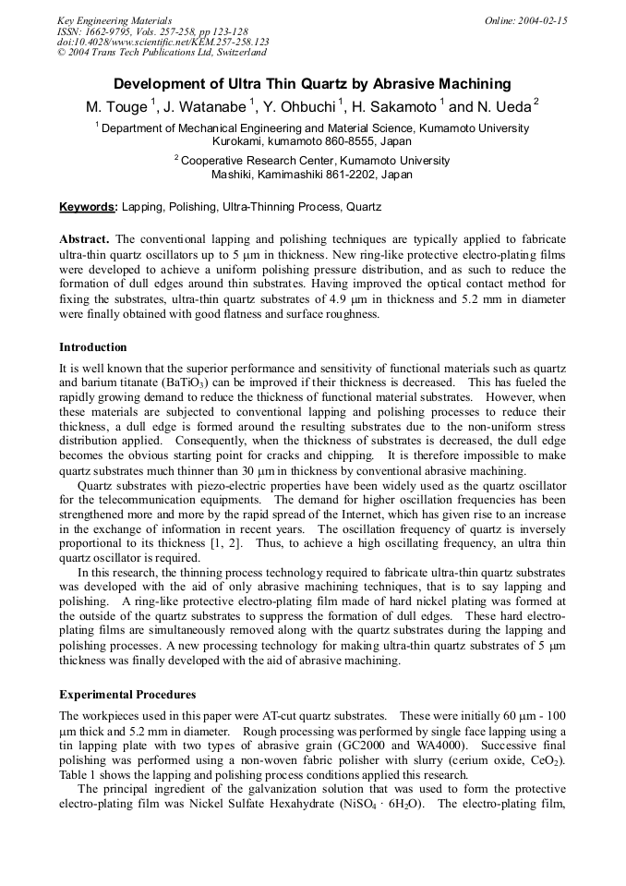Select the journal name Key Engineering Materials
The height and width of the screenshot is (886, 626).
click(x=114, y=20)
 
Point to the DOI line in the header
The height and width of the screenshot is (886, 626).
click(x=163, y=42)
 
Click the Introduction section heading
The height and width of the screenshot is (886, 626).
click(x=92, y=347)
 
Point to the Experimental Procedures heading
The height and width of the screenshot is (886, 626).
click(x=127, y=694)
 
